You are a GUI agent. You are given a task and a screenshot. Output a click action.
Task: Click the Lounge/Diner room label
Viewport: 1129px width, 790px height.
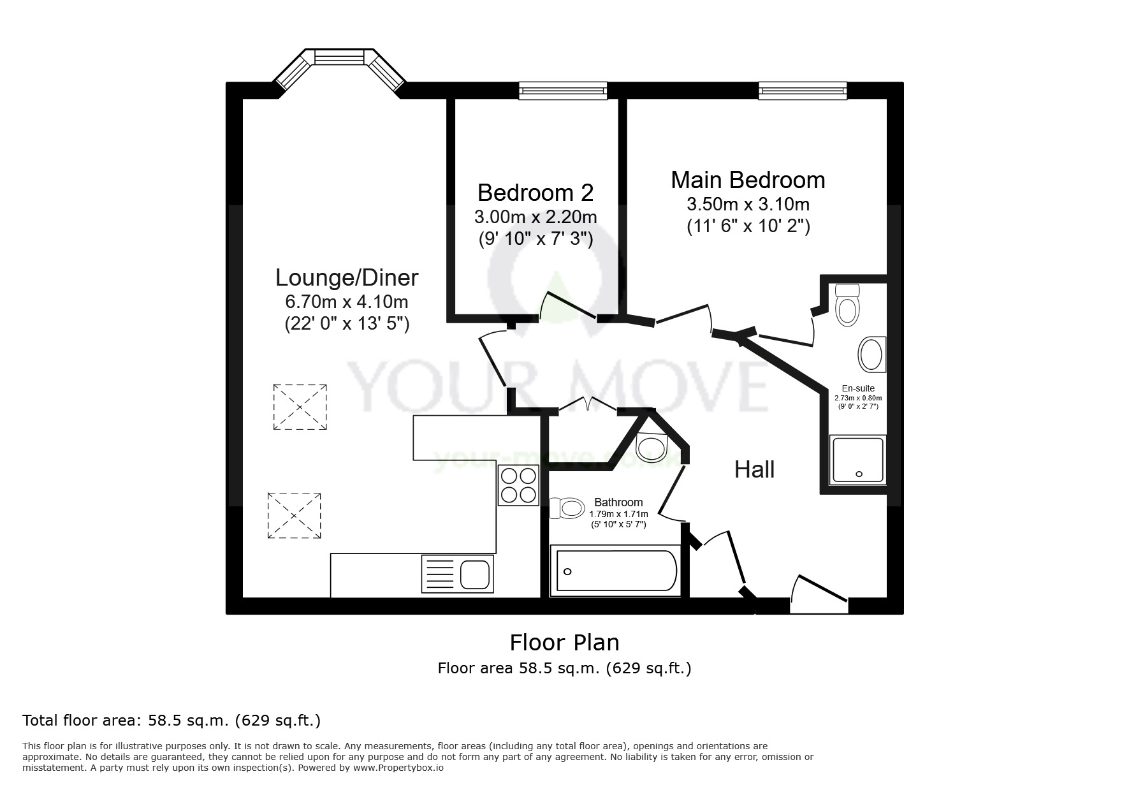pyautogui.click(x=347, y=278)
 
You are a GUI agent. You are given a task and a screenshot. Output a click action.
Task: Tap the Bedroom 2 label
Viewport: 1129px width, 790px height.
pyautogui.click(x=535, y=193)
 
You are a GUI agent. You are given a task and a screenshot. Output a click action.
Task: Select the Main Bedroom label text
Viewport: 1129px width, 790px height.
pyautogui.click(x=748, y=180)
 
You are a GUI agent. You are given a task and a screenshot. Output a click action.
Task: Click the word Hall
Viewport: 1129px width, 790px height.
pyautogui.click(x=754, y=470)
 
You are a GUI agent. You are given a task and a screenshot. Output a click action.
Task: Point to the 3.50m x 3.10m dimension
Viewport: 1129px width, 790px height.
pyautogui.click(x=748, y=205)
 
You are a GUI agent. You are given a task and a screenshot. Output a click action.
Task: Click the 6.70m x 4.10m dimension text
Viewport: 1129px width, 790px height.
pyautogui.click(x=347, y=302)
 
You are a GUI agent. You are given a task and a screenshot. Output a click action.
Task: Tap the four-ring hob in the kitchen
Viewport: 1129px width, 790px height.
pyautogui.click(x=518, y=485)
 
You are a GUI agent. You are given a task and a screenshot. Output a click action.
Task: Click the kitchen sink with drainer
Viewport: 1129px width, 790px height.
pyautogui.click(x=457, y=574)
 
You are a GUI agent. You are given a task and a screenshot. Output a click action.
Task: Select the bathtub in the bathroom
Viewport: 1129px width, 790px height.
pyautogui.click(x=616, y=571)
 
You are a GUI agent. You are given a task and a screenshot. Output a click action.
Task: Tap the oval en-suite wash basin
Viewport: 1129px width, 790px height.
pyautogui.click(x=871, y=355)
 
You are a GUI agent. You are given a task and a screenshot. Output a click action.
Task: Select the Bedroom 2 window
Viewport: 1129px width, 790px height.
pyautogui.click(x=562, y=91)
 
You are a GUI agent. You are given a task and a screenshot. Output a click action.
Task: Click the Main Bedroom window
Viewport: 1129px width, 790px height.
pyautogui.click(x=802, y=91)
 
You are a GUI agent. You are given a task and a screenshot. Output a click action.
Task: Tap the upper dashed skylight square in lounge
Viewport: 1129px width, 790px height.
pyautogui.click(x=300, y=407)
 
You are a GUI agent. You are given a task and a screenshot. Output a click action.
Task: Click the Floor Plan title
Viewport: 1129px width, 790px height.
pyautogui.click(x=564, y=642)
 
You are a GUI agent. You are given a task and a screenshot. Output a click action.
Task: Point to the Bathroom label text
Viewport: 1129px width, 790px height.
pyautogui.click(x=618, y=502)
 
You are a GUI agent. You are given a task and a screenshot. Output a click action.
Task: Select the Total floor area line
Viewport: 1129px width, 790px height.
pyautogui.click(x=171, y=721)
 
